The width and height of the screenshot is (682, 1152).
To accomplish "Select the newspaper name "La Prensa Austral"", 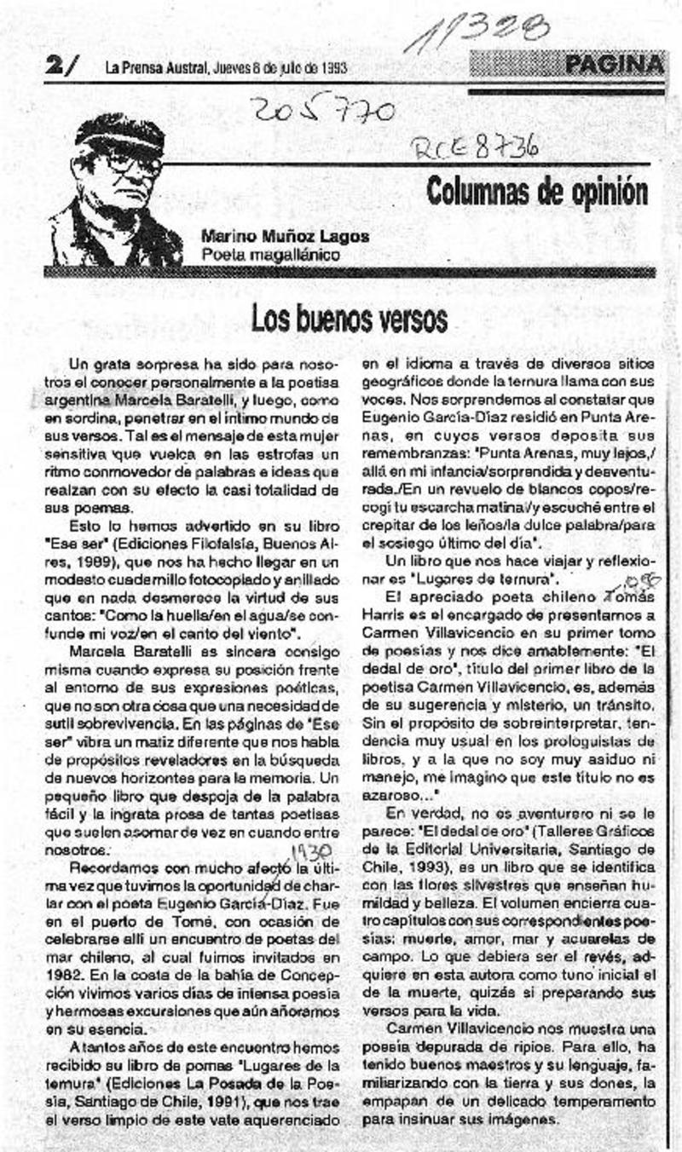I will [152, 69].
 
